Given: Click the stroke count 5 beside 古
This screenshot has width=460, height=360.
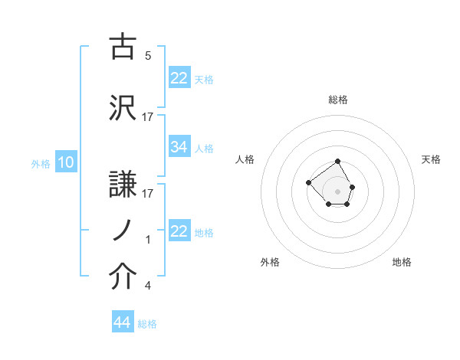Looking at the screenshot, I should [x=148, y=55].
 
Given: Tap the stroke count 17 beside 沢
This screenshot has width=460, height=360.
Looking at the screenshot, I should [x=148, y=116].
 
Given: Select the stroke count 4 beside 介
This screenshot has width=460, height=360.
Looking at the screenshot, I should [x=148, y=286].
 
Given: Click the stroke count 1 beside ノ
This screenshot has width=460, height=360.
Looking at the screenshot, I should [x=148, y=240].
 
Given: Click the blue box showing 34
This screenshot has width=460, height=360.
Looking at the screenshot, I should [x=179, y=147].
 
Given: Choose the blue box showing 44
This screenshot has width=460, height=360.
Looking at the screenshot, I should [x=123, y=322].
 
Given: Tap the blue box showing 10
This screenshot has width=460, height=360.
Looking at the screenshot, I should [x=66, y=162].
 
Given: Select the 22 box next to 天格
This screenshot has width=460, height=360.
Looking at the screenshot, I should [x=179, y=78].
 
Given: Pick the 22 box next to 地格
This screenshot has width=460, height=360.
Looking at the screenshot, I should [x=179, y=231].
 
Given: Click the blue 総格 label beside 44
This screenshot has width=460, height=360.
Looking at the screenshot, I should [x=147, y=324].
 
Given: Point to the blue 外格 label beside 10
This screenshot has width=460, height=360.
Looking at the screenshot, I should [x=41, y=163].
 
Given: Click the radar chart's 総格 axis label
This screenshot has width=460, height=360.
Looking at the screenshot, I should [x=338, y=100].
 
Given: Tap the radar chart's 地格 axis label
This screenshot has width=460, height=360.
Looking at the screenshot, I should [x=402, y=262].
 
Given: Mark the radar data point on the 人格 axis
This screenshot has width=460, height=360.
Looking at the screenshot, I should [x=308, y=182].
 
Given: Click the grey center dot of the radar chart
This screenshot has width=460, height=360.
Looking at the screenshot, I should [x=338, y=191].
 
